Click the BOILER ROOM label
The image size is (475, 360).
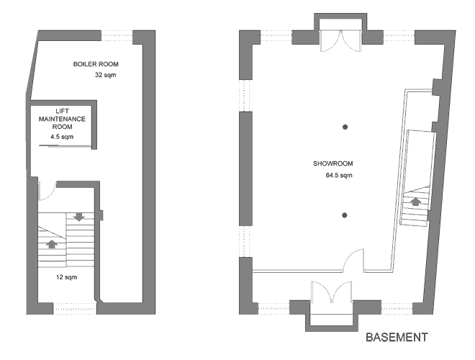pyautogui.click(x=96, y=64)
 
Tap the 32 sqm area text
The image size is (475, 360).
pyautogui.click(x=105, y=75)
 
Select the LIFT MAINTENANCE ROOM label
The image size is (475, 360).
pyautogui.click(x=62, y=119)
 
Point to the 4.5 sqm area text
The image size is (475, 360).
pyautogui.click(x=62, y=137)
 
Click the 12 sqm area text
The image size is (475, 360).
pyautogui.click(x=67, y=277)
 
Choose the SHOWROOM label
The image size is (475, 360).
pyautogui.click(x=333, y=163)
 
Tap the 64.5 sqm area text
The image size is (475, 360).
pyautogui.click(x=339, y=175)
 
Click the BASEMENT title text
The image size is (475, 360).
pyautogui.click(x=397, y=337)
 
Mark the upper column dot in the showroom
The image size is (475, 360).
pyautogui.click(x=345, y=127)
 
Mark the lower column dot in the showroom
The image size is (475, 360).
pyautogui.click(x=345, y=215)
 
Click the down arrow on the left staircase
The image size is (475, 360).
pyautogui.click(x=79, y=217)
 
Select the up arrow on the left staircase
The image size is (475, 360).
pyautogui.click(x=52, y=244)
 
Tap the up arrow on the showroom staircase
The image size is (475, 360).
pyautogui.click(x=415, y=201)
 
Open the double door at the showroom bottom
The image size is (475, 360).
pyautogui.click(x=332, y=292)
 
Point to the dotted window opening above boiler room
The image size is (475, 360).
pyautogui.click(x=117, y=35)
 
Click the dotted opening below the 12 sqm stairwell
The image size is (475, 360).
pyautogui.click(x=75, y=308)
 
